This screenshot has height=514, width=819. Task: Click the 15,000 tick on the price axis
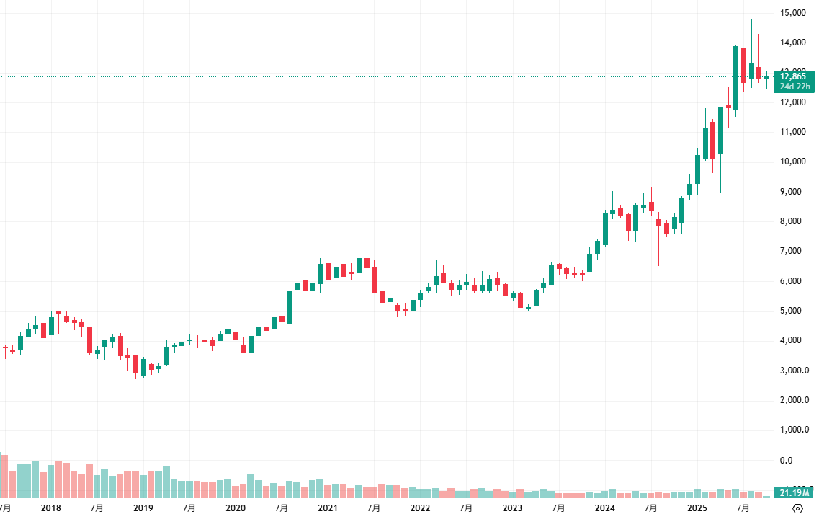pyautogui.click(x=793, y=12)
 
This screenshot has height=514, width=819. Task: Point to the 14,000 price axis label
pyautogui.click(x=793, y=43)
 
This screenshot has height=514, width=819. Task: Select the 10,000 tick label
pyautogui.click(x=793, y=161)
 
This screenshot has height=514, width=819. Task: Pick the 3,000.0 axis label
pyautogui.click(x=795, y=371)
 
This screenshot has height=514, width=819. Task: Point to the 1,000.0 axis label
pyautogui.click(x=795, y=430)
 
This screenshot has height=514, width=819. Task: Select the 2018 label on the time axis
pyautogui.click(x=51, y=508)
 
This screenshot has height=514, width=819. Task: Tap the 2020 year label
pyautogui.click(x=236, y=508)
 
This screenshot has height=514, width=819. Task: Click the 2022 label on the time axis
pyautogui.click(x=420, y=508)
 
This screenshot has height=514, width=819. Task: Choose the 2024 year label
pyautogui.click(x=605, y=508)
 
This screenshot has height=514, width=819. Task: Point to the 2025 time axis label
pyautogui.click(x=697, y=508)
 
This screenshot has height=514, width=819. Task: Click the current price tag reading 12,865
pyautogui.click(x=795, y=76)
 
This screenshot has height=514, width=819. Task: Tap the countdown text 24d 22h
pyautogui.click(x=795, y=87)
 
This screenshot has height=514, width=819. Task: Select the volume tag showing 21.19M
pyautogui.click(x=795, y=492)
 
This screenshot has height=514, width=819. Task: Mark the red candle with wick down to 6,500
pyautogui.click(x=658, y=223)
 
